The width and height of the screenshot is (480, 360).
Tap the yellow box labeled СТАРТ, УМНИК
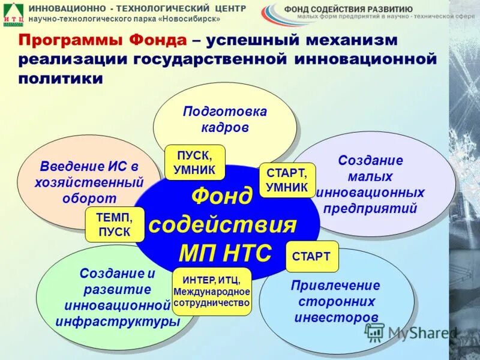pyautogui.click(x=287, y=179)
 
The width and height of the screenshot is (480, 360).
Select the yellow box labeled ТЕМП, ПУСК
pyautogui.click(x=115, y=224)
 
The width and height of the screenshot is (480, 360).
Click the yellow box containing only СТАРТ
pyautogui.click(x=311, y=256)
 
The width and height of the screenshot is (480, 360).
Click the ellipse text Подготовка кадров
pyautogui.click(x=224, y=119)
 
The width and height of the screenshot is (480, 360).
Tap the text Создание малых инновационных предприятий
pyautogui.click(x=370, y=184)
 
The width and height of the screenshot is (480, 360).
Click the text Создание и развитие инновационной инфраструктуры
pyautogui.click(x=118, y=298)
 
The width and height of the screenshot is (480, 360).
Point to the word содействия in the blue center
pyautogui.click(x=223, y=226)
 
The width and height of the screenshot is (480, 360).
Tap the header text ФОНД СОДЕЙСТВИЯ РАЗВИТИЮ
pyautogui.click(x=348, y=9)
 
